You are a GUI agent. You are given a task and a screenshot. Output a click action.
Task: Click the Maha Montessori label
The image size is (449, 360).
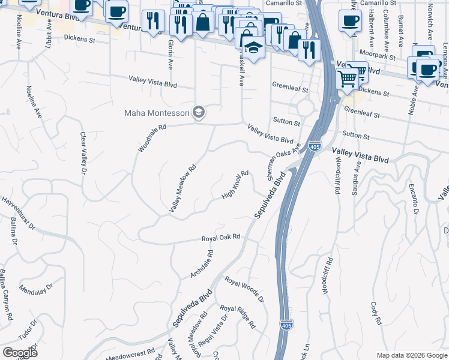point(157,112)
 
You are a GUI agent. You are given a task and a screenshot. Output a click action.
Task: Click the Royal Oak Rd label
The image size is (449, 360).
point(221,238)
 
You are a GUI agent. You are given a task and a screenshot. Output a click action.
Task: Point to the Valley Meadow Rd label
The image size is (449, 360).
point(182,190)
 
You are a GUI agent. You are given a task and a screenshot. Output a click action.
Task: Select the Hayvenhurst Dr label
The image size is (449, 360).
point(19,214)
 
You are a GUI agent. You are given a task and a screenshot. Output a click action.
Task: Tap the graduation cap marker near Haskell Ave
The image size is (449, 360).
point(255,48)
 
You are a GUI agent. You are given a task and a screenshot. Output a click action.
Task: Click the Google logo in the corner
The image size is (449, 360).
point(20,353)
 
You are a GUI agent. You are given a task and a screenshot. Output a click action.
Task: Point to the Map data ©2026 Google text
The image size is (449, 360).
point(412,355)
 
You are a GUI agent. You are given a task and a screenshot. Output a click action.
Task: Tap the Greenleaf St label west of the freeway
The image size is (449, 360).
point(290,90)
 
